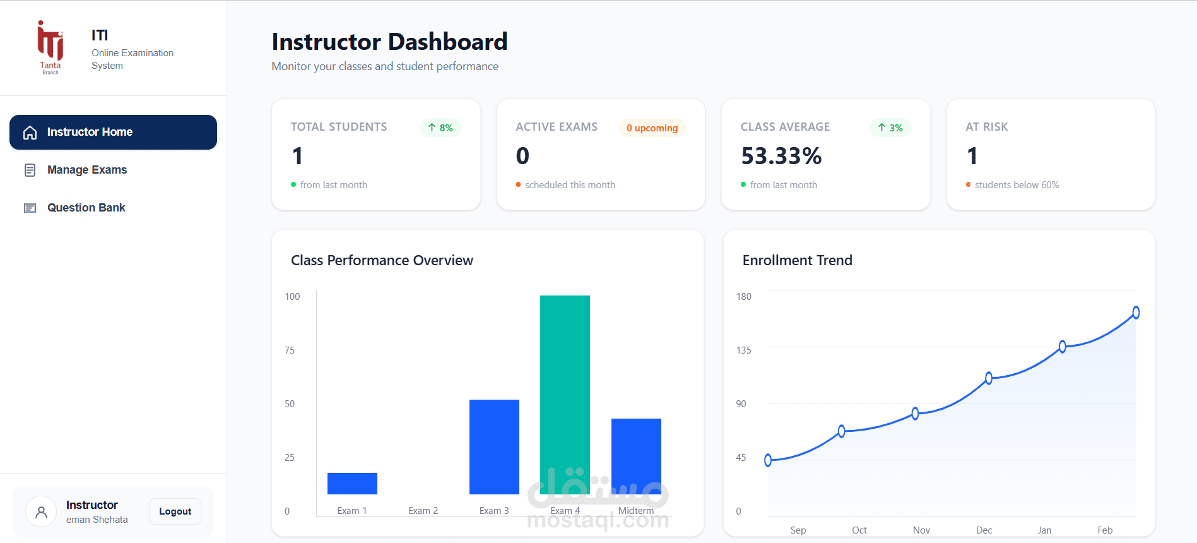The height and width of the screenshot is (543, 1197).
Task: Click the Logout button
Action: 175,511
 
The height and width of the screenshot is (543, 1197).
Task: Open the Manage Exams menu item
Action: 87,170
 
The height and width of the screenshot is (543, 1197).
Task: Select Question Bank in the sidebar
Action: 86,208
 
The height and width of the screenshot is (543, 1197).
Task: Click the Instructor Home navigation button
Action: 113,132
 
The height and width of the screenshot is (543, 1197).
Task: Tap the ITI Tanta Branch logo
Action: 50,47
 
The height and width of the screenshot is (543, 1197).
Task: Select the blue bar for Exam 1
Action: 352,484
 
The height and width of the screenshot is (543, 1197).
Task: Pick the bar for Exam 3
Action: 494,446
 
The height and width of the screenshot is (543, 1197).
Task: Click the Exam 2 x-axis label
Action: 423,511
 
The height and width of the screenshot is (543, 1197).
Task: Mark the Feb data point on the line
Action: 1136,313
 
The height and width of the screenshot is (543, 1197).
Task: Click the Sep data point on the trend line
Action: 768,460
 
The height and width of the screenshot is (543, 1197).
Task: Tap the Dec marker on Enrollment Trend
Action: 989,378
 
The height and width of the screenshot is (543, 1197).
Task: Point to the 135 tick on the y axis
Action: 744,350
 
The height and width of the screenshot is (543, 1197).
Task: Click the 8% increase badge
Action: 440,128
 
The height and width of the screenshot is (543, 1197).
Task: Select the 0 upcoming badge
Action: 652,128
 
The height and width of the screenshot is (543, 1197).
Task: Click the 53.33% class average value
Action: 781,156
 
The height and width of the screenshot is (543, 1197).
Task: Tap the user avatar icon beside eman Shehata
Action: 41,511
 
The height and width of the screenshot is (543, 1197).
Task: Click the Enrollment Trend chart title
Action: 797,260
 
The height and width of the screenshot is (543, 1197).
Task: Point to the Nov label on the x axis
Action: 921,530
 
